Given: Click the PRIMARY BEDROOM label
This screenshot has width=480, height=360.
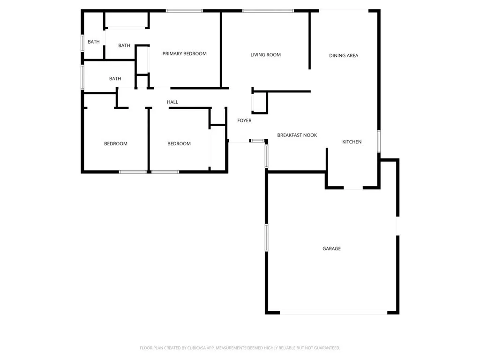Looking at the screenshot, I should coord(184,54).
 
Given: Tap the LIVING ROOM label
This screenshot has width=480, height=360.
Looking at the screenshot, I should coord(265,55).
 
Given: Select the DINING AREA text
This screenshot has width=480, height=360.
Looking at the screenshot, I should coord(344,56).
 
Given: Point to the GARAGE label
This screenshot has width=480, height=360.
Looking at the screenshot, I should coord(331,249).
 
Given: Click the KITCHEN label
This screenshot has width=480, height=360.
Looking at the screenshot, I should coord(352,142).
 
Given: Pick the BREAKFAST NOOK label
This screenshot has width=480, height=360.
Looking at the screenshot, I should coord(297,135).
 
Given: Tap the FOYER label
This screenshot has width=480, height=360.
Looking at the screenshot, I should coord(244,121).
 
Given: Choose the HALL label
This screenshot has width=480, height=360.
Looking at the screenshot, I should coord(172,102).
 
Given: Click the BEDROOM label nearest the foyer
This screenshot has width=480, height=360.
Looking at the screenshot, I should coord(179,144).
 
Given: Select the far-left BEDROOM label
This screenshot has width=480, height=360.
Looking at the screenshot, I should coord(115,144).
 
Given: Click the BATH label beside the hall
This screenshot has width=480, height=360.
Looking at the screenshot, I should coord(115,79).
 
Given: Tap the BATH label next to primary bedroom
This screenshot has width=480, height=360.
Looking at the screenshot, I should coord(124,46).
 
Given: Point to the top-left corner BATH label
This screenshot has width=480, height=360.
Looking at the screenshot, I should coord(94,42).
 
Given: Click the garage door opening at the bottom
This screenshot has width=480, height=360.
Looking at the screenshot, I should coord(333,313).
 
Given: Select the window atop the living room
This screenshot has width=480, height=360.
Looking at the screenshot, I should coord(268,11).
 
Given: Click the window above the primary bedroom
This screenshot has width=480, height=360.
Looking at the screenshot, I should coord(184,11).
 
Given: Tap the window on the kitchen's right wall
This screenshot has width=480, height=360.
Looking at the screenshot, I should coord(379,141).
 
